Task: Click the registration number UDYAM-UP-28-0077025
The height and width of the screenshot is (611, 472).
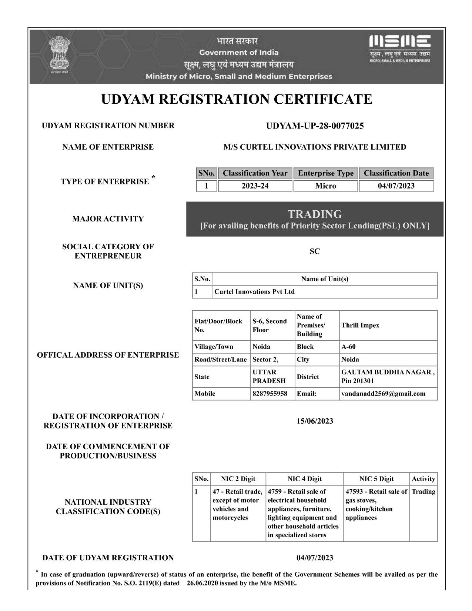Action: point(315,126)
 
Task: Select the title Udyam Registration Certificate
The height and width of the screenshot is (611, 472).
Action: point(236,99)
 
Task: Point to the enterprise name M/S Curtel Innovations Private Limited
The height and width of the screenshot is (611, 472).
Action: point(315,147)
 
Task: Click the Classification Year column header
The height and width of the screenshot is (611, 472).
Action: point(255,173)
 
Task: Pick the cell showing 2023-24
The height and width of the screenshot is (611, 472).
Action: point(255,186)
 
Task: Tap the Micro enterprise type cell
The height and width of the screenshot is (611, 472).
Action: point(325,186)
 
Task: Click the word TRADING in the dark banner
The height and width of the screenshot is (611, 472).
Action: point(315,214)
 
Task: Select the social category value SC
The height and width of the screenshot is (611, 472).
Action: point(315,251)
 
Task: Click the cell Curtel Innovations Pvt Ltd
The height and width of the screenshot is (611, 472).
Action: point(255,292)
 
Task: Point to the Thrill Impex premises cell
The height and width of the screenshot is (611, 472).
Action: point(360,325)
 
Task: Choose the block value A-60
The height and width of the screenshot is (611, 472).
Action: point(348,347)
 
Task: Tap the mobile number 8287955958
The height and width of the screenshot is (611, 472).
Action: point(270,394)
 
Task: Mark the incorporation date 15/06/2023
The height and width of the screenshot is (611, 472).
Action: point(315,421)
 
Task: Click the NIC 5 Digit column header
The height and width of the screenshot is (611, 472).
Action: point(376,479)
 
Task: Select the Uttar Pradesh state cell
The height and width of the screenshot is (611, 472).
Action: point(269,377)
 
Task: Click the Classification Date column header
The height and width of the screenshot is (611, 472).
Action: point(396,173)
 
